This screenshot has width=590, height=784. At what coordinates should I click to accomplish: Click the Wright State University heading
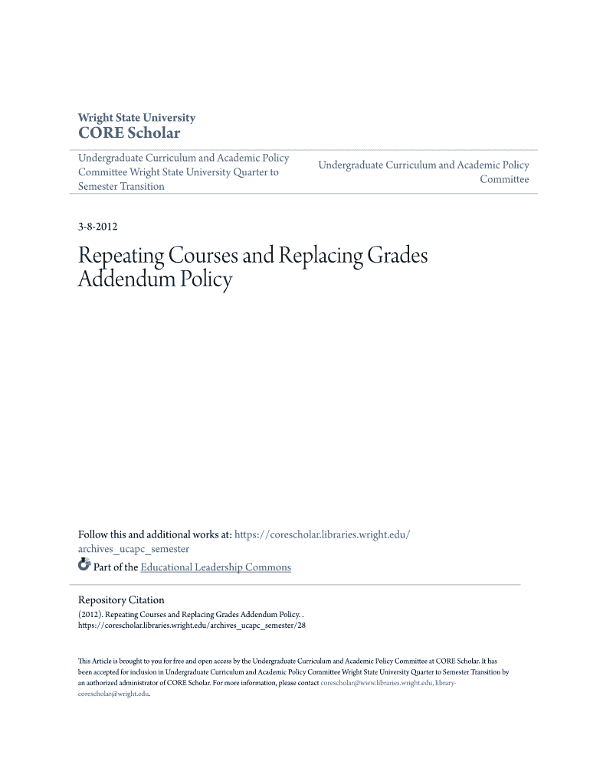pyautogui.click(x=136, y=118)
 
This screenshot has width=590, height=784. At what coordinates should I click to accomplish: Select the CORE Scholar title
pyautogui.click(x=129, y=133)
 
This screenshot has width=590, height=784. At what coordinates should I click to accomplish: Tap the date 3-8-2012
pyautogui.click(x=97, y=227)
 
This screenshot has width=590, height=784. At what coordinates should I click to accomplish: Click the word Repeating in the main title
pyautogui.click(x=123, y=256)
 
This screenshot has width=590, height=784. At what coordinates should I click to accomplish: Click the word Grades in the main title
pyautogui.click(x=397, y=255)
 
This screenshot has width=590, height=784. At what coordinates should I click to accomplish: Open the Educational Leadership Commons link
pyautogui.click(x=215, y=567)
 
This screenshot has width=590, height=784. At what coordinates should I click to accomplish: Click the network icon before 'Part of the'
pyautogui.click(x=84, y=566)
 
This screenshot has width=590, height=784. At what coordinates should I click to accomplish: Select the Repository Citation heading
pyautogui.click(x=121, y=600)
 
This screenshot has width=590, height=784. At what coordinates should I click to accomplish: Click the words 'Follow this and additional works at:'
pyautogui.click(x=154, y=534)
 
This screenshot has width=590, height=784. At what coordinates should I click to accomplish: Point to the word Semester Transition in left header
pyautogui.click(x=121, y=186)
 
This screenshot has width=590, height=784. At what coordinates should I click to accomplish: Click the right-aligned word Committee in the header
pyautogui.click(x=504, y=179)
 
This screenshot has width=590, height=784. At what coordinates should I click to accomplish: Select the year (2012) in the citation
pyautogui.click(x=90, y=615)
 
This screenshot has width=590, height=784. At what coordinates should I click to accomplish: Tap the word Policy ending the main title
pyautogui.click(x=206, y=279)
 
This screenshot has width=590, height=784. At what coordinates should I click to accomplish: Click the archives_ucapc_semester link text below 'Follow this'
pyautogui.click(x=133, y=549)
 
